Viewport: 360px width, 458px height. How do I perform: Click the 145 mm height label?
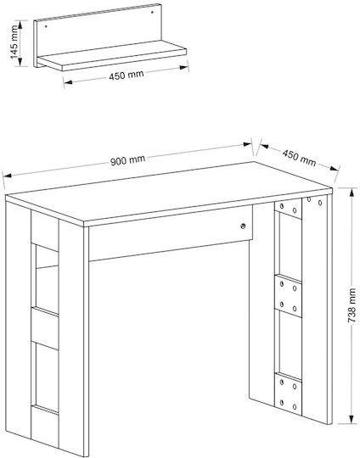tap(14, 42)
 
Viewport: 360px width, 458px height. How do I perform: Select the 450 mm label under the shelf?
tap(127, 75)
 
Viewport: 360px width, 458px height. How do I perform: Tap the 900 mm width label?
tap(128, 160)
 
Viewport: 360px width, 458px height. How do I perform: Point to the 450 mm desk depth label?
tap(299, 158)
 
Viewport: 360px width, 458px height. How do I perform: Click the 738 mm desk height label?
tap(352, 305)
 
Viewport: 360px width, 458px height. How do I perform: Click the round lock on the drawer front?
tap(243, 226)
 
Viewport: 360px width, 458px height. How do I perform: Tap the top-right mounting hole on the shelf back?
tap(152, 12)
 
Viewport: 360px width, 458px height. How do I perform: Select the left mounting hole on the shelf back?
tap(46, 26)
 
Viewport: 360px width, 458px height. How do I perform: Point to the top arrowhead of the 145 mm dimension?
tap(20, 25)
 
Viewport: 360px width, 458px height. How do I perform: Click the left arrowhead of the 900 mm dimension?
tap(8, 176)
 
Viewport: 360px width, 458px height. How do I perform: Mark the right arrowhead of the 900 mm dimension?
tap(247, 144)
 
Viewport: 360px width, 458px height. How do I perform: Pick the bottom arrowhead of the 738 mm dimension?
tap(352, 419)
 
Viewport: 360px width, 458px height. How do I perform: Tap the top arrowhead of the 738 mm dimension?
tap(352, 193)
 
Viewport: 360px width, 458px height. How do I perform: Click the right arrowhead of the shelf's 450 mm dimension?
tap(184, 68)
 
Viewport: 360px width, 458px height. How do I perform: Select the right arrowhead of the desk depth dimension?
tap(335, 168)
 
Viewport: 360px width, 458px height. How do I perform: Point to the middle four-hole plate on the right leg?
tap(288, 296)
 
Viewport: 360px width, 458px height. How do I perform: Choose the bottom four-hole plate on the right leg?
tap(288, 394)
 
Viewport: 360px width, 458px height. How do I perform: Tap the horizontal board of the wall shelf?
tap(112, 55)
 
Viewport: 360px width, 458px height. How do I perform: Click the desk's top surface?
tap(169, 193)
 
